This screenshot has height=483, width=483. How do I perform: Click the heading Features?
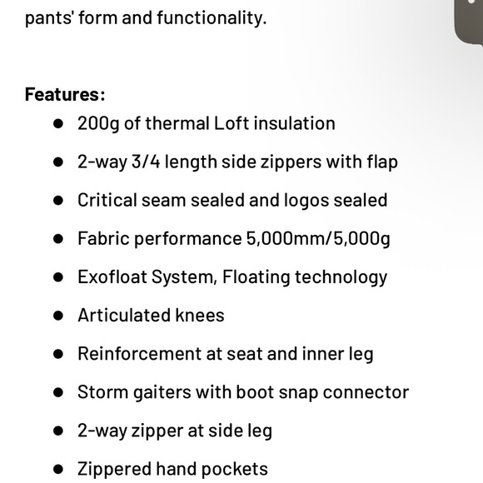(65, 94)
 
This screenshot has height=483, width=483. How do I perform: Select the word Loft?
(232, 123)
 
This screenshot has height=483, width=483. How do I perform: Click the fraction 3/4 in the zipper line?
(146, 162)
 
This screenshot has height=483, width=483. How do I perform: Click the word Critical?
(109, 200)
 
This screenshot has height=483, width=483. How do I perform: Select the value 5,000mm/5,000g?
(318, 239)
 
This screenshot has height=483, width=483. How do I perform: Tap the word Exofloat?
(112, 277)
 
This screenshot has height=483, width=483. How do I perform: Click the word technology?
(340, 277)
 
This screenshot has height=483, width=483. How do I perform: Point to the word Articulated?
(123, 316)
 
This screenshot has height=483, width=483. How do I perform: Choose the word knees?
(200, 316)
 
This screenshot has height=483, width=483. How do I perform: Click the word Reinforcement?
(139, 354)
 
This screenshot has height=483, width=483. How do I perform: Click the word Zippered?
(115, 470)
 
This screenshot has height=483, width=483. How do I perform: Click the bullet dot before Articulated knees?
(58, 316)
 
